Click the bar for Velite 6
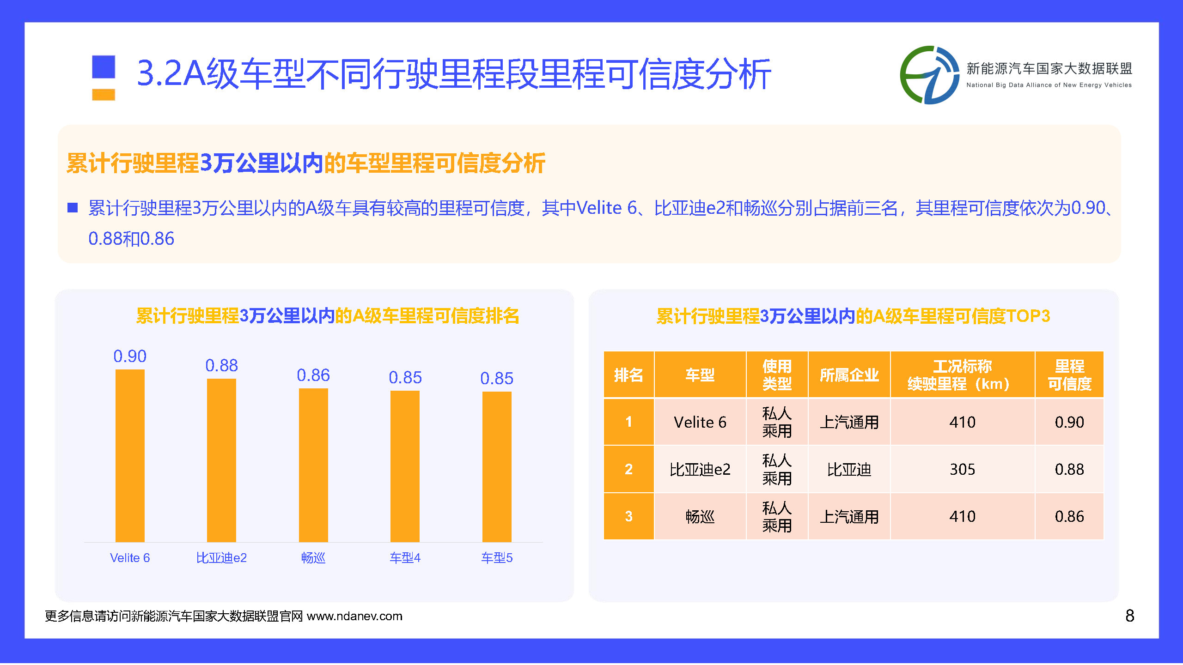[130, 455]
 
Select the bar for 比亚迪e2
[221, 460]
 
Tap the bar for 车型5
[497, 466]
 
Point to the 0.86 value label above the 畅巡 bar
[313, 375]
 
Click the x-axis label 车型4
[405, 558]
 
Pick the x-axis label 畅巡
[313, 558]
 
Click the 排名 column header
[628, 375]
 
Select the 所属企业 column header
[849, 375]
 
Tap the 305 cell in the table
[963, 469]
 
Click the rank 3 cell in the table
[628, 516]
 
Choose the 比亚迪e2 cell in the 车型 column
[700, 469]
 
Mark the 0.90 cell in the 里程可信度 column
[1069, 422]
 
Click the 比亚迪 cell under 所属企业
[849, 469]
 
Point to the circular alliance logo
[929, 75]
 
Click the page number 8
[1129, 616]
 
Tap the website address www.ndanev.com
[354, 616]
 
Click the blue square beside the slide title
[104, 66]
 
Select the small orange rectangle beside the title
[104, 94]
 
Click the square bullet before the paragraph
[73, 208]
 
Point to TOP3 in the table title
[1028, 316]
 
